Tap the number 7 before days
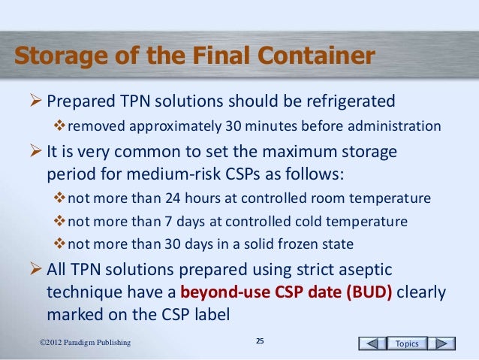[157, 222]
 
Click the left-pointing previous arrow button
[372, 343]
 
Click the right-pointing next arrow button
[444, 343]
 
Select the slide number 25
[260, 343]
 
